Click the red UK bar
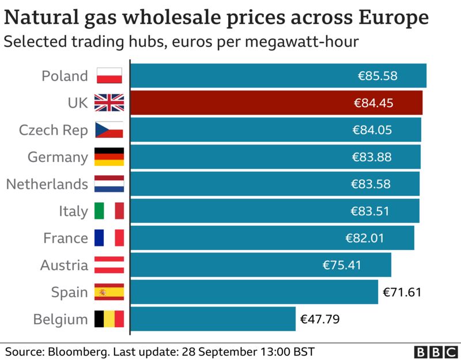click(277, 103)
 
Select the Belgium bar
click(213, 319)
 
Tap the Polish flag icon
click(109, 75)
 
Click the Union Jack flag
click(109, 103)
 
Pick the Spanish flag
click(109, 292)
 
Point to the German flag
click(109, 157)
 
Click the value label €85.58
click(377, 75)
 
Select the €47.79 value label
click(319, 319)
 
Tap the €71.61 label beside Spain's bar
click(402, 292)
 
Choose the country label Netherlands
click(47, 184)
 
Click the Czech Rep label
click(54, 130)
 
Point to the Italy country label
click(73, 211)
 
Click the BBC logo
click(434, 352)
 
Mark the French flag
click(109, 238)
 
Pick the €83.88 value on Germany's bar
click(372, 157)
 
